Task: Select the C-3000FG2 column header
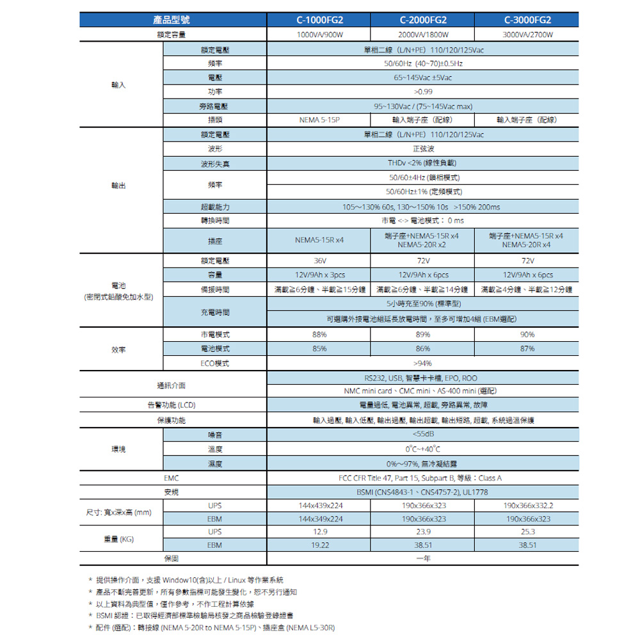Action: (527, 20)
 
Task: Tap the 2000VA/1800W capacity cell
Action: (423, 35)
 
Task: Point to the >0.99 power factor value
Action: (423, 92)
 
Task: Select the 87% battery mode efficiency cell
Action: (527, 349)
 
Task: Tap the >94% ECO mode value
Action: (423, 364)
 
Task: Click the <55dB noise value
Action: (423, 435)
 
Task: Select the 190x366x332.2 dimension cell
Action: (527, 506)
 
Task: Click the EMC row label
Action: (172, 478)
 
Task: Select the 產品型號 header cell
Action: (172, 20)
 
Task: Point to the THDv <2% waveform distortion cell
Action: (423, 163)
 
